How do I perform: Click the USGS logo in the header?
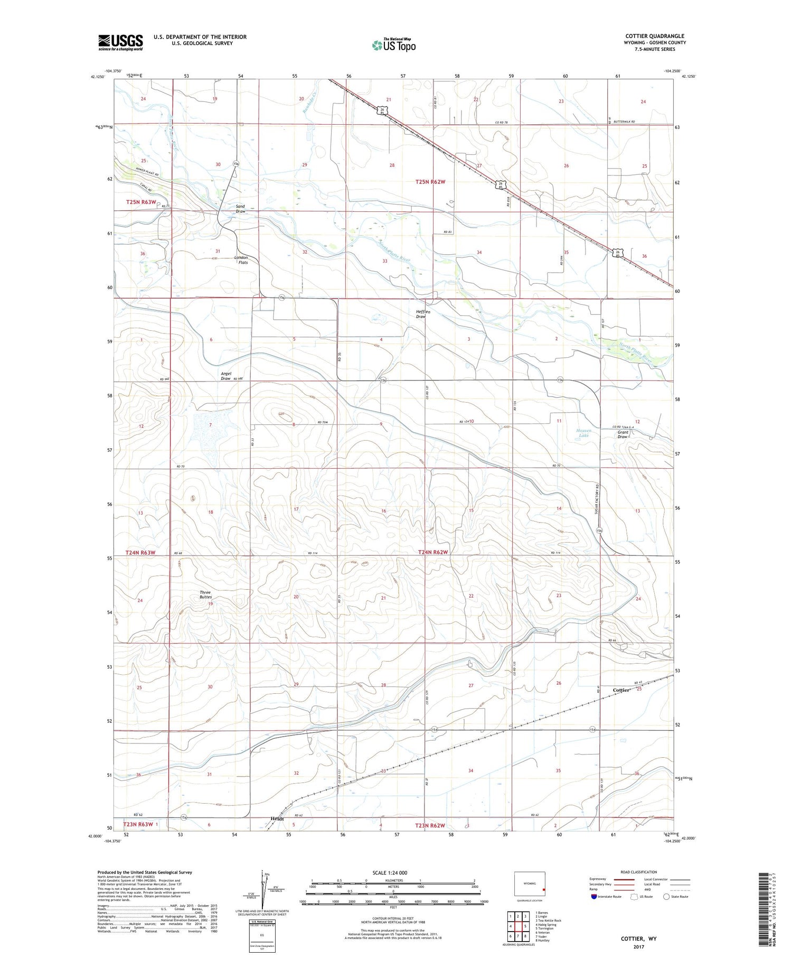click(120, 42)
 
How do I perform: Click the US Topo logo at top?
click(394, 45)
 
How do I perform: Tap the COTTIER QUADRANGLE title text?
click(655, 36)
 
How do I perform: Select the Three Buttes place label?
click(205, 594)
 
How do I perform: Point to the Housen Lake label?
click(583, 433)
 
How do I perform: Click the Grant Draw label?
click(623, 434)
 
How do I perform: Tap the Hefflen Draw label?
click(423, 314)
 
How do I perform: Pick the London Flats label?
click(241, 260)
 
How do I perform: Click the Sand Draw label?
click(240, 209)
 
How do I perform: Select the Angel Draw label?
click(225, 376)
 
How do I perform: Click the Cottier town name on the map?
click(621, 690)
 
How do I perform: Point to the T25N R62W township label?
click(431, 182)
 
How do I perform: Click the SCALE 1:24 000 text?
click(390, 872)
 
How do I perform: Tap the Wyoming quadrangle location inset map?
click(530, 884)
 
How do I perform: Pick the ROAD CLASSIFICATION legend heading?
click(639, 872)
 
